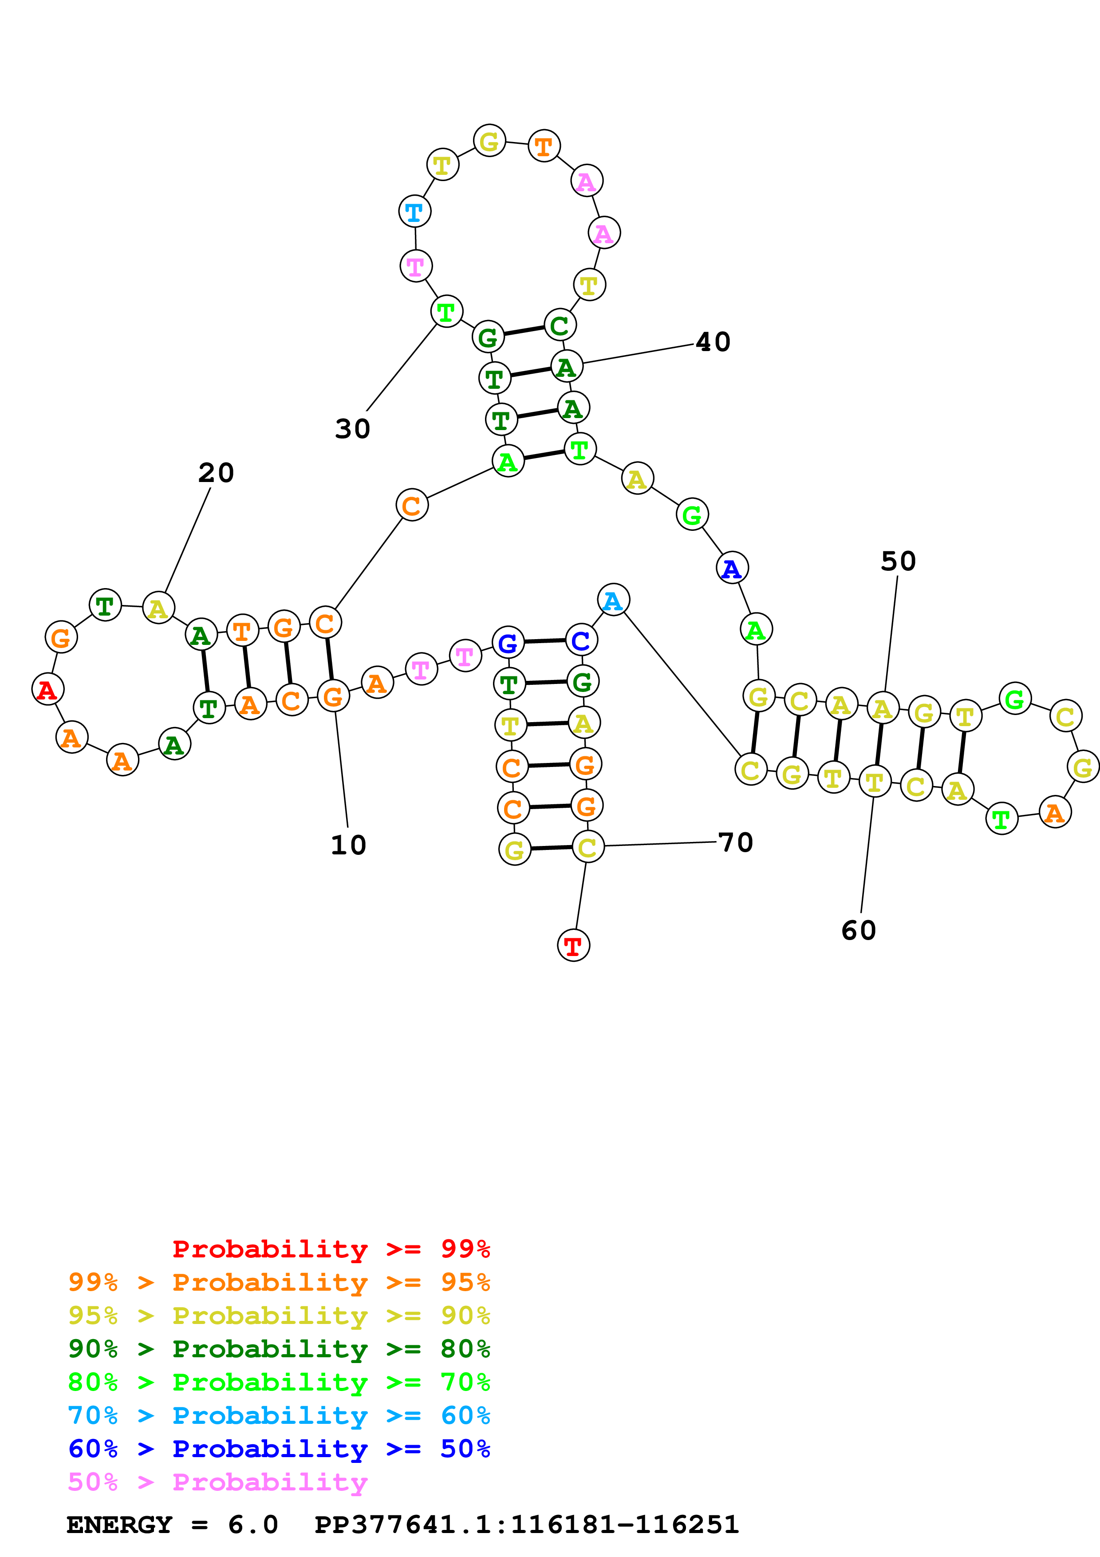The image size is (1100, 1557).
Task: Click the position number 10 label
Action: [x=348, y=845]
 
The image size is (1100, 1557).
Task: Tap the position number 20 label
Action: [x=216, y=473]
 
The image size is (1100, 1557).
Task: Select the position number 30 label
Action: [x=352, y=429]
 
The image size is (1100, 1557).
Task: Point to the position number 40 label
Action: [x=713, y=342]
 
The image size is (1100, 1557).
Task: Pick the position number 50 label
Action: [x=898, y=561]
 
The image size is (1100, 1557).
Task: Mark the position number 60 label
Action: [x=859, y=930]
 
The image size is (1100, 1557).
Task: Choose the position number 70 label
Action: [x=735, y=842]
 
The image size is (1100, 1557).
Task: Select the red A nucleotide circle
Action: [x=47, y=690]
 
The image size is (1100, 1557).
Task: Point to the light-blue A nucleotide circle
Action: [x=613, y=600]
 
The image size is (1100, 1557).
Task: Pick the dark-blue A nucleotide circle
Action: [x=732, y=568]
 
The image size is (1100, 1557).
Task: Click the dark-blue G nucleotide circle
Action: [x=508, y=642]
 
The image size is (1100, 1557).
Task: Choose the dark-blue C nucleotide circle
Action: [x=581, y=640]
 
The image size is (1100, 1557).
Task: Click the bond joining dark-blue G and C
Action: [x=544, y=641]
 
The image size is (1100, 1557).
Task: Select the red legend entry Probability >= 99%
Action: [x=331, y=1249]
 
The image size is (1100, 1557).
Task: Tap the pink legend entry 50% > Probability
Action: [x=217, y=1482]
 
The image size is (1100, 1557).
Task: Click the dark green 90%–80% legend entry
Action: [x=279, y=1349]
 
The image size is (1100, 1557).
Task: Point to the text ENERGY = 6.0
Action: [x=172, y=1525]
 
